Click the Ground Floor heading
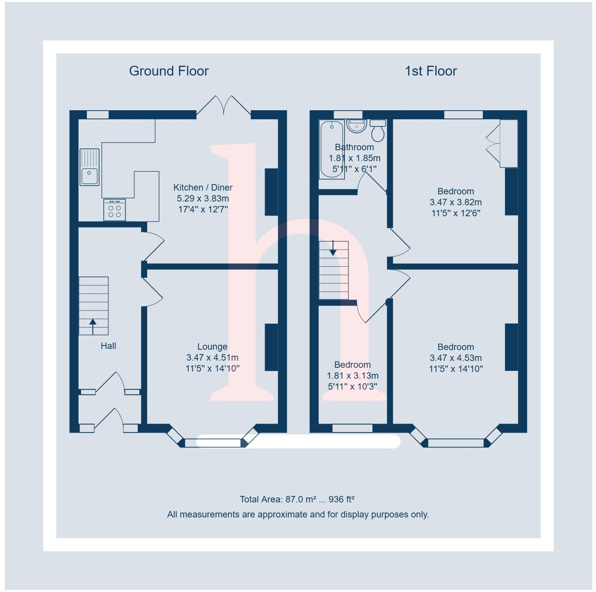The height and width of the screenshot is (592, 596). (169, 71)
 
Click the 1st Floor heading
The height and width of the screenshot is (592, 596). (431, 71)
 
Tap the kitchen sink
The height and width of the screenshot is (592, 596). (89, 167)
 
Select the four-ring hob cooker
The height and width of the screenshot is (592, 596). (114, 210)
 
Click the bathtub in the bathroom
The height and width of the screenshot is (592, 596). (332, 149)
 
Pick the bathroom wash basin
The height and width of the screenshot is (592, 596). (357, 126)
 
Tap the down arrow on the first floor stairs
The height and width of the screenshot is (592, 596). (333, 248)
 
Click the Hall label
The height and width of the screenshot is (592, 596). (108, 346)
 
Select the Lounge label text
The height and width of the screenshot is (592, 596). (212, 347)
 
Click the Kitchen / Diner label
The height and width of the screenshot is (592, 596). (203, 187)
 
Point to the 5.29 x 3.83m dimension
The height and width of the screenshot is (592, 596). (203, 198)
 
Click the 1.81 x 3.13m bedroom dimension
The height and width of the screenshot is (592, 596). (352, 376)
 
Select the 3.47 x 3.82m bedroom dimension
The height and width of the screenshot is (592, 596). (456, 202)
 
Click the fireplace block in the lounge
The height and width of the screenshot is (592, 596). (271, 347)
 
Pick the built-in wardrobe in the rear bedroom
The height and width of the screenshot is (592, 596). (508, 143)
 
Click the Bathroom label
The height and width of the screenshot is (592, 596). (354, 147)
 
